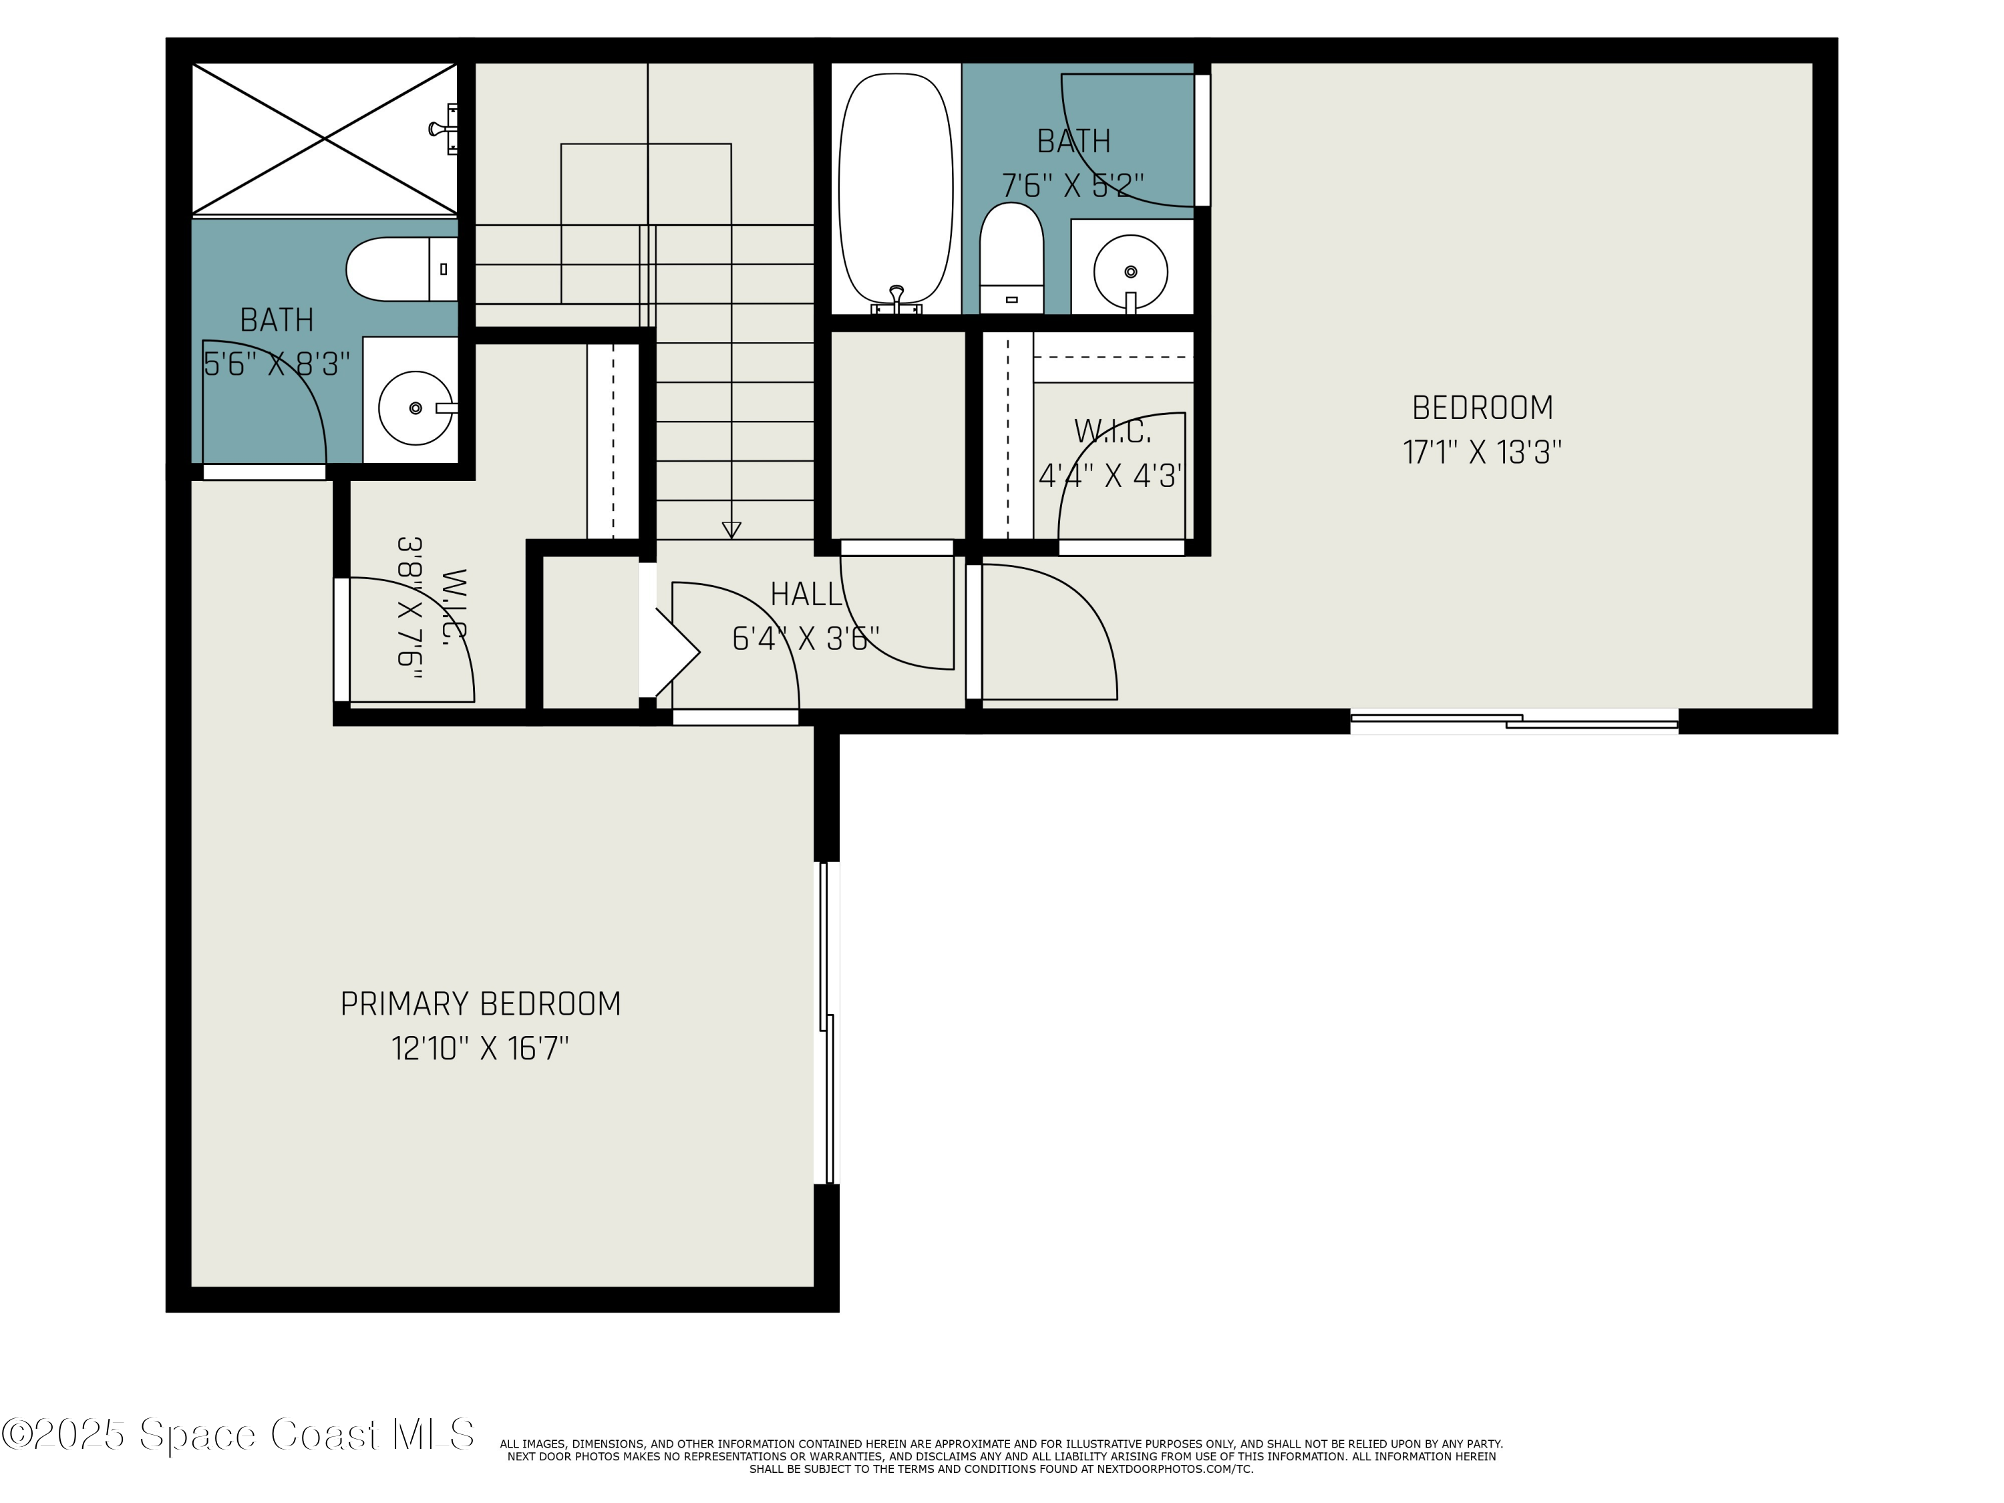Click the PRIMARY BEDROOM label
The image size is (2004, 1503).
click(x=480, y=1004)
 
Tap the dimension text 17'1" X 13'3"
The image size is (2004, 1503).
click(x=1482, y=452)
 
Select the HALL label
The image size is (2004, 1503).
click(x=806, y=595)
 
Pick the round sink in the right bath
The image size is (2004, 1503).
click(x=1130, y=271)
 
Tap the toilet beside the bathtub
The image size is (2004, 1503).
click(x=1011, y=259)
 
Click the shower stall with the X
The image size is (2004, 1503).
click(x=325, y=139)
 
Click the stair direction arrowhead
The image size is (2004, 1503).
click(x=731, y=530)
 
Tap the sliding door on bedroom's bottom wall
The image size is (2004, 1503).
click(x=1513, y=721)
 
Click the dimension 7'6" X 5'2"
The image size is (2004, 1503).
click(x=1073, y=186)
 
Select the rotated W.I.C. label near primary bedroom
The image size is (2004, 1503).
click(x=453, y=605)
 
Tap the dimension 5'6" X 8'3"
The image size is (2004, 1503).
click(x=277, y=364)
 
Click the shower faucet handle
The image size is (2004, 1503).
click(x=444, y=129)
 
